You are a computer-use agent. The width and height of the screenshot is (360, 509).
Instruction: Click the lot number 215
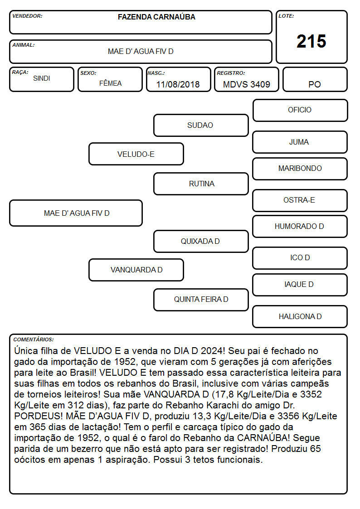[x=311, y=41]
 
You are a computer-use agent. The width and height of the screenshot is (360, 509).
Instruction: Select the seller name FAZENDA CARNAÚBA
[x=156, y=17]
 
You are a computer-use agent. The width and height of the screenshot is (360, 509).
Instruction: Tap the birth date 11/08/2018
[x=178, y=84]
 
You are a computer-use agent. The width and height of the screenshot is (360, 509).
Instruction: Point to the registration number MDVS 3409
[x=246, y=84]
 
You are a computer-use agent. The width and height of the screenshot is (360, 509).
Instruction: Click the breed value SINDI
[x=42, y=78]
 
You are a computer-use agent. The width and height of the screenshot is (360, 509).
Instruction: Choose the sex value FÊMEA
[x=110, y=83]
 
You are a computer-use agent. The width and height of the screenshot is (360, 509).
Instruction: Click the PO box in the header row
[x=315, y=79]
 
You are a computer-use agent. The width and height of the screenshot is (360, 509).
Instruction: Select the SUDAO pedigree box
[x=201, y=125]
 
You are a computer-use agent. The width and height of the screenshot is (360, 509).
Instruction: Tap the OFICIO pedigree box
[x=300, y=111]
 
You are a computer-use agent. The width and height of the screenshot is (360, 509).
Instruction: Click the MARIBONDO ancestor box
[x=300, y=169]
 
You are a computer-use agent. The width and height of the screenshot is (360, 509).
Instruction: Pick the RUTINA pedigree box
[x=201, y=184]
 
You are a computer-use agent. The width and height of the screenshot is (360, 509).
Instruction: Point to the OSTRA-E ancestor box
[x=300, y=200]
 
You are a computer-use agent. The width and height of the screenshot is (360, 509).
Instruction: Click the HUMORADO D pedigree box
[x=300, y=227]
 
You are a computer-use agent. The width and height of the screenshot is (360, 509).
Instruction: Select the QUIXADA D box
[x=201, y=241]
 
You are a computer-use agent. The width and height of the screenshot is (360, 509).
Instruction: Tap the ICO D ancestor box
[x=300, y=258]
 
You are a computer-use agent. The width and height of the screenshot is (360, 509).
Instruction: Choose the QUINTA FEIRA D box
[x=201, y=300]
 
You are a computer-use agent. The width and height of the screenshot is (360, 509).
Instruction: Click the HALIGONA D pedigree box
[x=300, y=316]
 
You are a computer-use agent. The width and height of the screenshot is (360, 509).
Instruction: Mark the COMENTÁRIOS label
[x=34, y=339]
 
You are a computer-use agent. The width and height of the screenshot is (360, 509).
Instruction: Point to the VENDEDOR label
[x=27, y=16]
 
